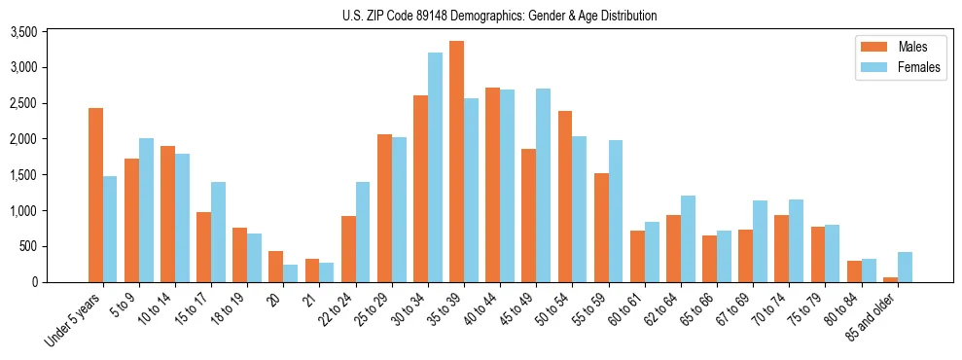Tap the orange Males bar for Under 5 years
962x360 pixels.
(95, 195)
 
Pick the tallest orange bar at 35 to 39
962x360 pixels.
(456, 162)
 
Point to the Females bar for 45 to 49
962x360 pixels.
(543, 185)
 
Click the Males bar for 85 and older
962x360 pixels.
(890, 279)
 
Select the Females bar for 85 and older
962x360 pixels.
(905, 267)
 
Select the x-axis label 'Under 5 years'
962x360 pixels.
(74, 321)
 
